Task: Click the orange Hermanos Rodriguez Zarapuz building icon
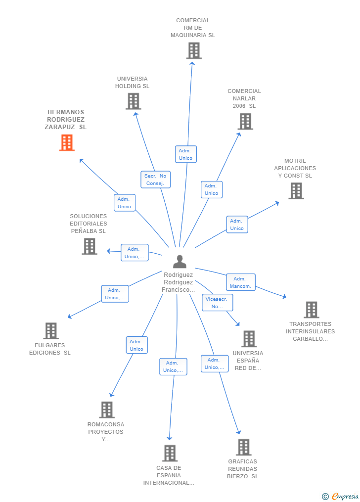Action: (67, 142)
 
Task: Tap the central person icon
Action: (180, 261)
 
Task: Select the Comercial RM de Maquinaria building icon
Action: (193, 50)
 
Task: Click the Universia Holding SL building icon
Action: (133, 101)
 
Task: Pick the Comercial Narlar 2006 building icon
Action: (245, 121)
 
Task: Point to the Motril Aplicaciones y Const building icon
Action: (296, 191)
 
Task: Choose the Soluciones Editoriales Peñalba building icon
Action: (89, 246)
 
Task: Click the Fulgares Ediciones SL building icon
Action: (51, 331)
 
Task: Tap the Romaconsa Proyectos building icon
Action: (106, 410)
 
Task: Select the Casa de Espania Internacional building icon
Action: (170, 453)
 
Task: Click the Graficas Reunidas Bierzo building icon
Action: (243, 447)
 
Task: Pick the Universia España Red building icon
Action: (249, 339)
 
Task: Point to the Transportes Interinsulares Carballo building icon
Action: (311, 310)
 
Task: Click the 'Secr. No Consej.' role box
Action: (156, 180)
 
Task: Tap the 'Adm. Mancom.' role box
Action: (241, 282)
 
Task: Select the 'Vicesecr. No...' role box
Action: (217, 303)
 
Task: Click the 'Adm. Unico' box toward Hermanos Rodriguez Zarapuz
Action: (124, 203)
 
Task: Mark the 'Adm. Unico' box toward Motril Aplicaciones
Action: (237, 225)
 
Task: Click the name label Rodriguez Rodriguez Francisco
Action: (179, 282)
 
